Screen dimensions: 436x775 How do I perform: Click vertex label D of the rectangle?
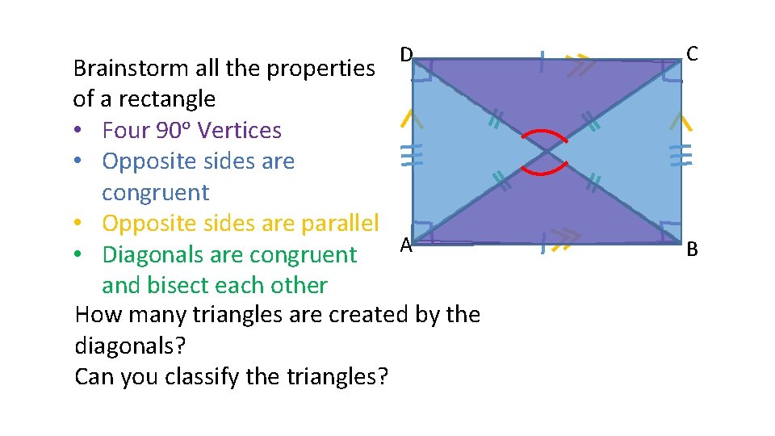[407, 55]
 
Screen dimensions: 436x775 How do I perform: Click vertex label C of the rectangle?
[692, 54]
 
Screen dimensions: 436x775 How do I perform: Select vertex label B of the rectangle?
[692, 250]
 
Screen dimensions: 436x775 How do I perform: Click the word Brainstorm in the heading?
[123, 68]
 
